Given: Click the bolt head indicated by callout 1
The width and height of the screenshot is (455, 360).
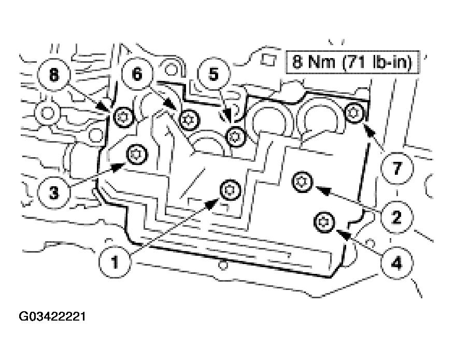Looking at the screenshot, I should pos(229,191).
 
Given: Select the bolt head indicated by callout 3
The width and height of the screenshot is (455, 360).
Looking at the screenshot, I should pos(138,154).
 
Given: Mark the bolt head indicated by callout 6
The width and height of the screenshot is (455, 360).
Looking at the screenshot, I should pos(188,120).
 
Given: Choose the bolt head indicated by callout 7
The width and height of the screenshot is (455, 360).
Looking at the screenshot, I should pos(354,112).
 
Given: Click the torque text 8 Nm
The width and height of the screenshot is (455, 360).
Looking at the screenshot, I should pos(314,63).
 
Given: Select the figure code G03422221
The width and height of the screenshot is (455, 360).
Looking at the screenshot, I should pos(52,316).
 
